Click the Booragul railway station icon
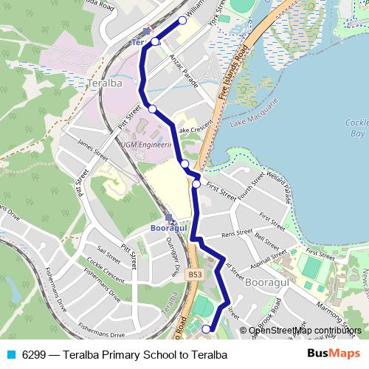pyautogui.click(x=171, y=218)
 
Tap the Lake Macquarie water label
pyautogui.click(x=257, y=115)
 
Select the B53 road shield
pyautogui.click(x=195, y=274)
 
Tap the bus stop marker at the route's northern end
pyautogui.click(x=182, y=20)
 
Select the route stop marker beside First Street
pyautogui.click(x=196, y=184)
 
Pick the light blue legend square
pyautogui.click(x=10, y=355)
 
